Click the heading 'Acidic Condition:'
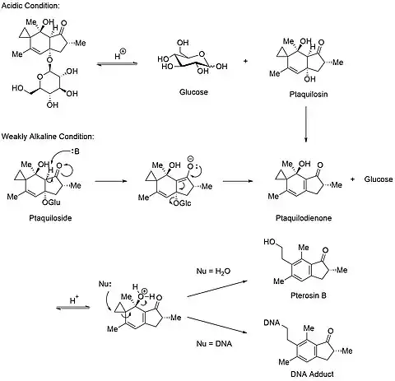30,5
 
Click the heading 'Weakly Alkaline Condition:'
48,137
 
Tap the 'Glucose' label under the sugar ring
193,92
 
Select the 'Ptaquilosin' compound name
309,95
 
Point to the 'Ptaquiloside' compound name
50,218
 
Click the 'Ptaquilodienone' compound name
304,218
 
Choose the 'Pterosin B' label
309,295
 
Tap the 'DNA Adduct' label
312,374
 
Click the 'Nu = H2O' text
213,272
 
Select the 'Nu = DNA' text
214,343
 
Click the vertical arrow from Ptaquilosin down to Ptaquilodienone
306,124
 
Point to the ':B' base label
75,151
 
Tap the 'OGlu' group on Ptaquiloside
52,202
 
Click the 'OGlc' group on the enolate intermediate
183,203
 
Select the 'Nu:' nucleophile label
105,284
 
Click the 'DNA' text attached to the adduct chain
272,323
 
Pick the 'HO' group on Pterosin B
269,242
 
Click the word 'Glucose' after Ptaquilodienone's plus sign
379,179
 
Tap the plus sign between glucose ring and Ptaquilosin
245,61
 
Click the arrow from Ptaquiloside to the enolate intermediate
111,181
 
